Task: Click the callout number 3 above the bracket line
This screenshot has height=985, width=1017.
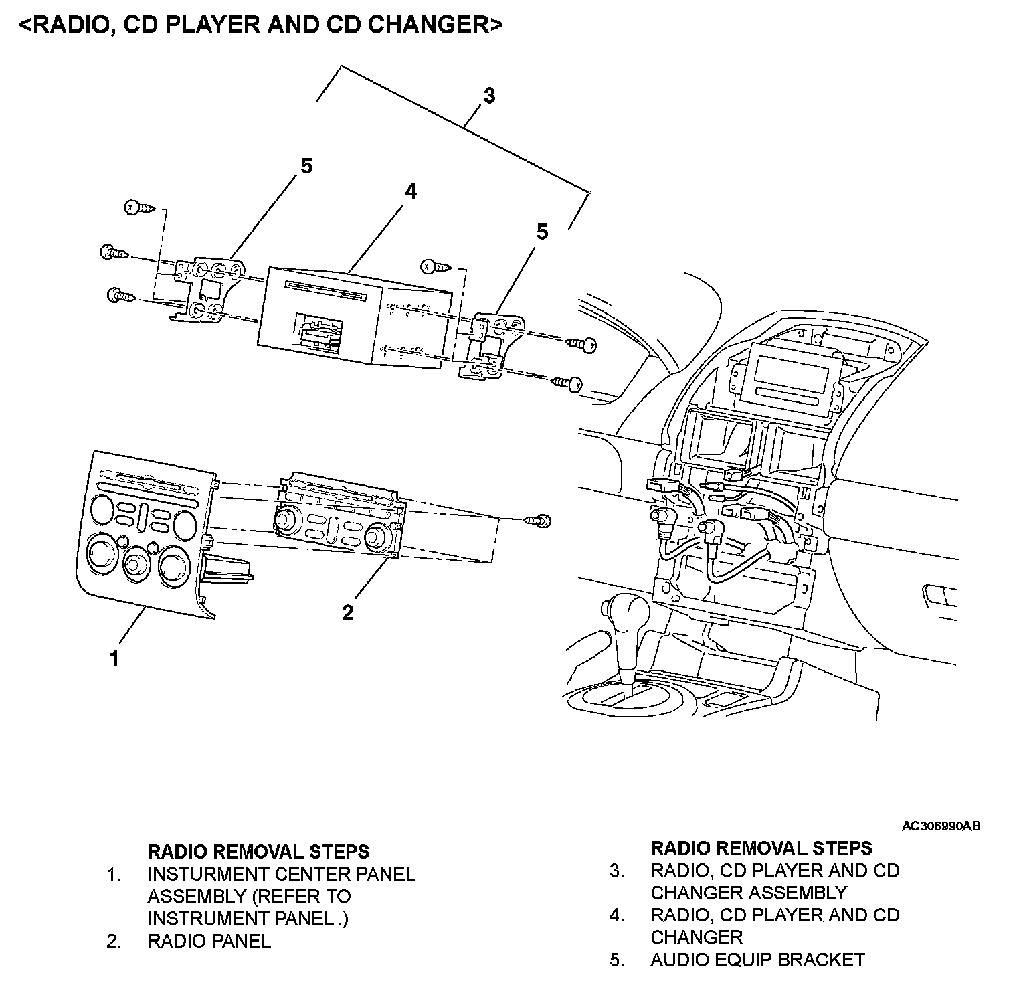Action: (x=489, y=96)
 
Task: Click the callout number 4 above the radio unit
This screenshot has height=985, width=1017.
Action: (x=410, y=191)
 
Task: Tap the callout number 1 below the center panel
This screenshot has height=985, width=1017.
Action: (x=114, y=658)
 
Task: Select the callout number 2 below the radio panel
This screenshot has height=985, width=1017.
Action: (x=347, y=612)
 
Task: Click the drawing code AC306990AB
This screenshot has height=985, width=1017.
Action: (x=941, y=826)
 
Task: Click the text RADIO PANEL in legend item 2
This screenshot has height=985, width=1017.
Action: (x=209, y=941)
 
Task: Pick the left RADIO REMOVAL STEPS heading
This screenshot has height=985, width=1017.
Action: (x=258, y=851)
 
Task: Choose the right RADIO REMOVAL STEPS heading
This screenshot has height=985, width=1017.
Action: (x=761, y=848)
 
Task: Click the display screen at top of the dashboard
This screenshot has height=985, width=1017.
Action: (x=785, y=373)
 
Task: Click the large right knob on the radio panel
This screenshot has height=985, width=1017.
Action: (x=378, y=535)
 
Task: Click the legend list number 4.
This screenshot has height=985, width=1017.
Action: (x=616, y=915)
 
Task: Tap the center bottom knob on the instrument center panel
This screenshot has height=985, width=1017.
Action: (x=136, y=563)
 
